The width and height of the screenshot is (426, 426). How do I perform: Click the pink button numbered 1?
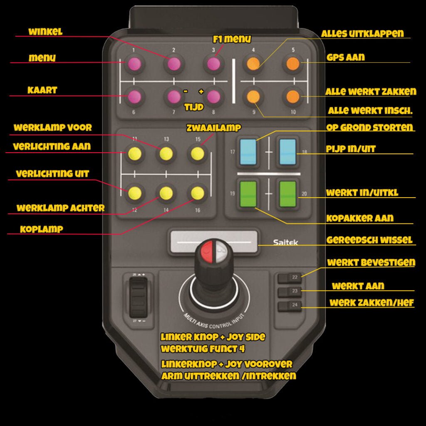(134, 64)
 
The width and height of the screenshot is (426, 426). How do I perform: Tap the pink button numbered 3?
(213, 64)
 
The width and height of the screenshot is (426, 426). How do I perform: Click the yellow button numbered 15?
(198, 154)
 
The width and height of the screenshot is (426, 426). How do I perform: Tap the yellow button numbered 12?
(134, 193)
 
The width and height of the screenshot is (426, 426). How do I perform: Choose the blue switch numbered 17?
(248, 152)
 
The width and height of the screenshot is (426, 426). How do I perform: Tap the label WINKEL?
(45, 32)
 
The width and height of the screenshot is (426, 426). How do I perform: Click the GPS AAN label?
(345, 57)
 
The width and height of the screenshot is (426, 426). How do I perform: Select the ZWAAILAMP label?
(213, 128)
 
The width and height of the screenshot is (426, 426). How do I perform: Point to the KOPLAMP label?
(42, 229)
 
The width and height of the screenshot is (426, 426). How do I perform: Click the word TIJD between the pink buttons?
(194, 107)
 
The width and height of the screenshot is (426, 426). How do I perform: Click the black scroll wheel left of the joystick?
(138, 297)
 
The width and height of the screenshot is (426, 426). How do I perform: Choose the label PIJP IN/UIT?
(351, 149)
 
